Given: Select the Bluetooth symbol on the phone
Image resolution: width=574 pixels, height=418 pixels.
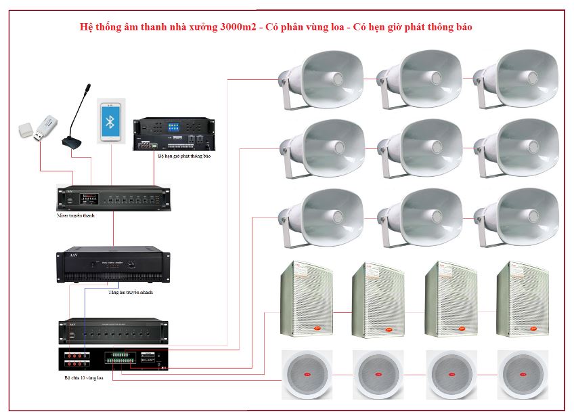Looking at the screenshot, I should point(111,121).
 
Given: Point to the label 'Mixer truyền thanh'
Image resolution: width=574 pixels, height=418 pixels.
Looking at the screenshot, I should point(76,215).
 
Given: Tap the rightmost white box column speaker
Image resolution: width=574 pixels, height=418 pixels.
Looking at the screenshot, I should point(522,299).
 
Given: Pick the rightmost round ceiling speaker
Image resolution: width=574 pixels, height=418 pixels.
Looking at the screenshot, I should point(522,375).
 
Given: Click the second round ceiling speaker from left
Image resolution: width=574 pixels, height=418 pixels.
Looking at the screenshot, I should point(378,375).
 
